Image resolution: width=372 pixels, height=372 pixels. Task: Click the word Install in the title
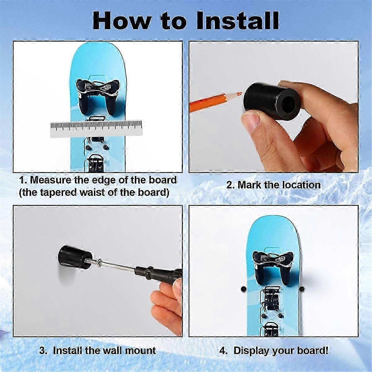237,21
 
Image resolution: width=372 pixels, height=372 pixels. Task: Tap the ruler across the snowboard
96,129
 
